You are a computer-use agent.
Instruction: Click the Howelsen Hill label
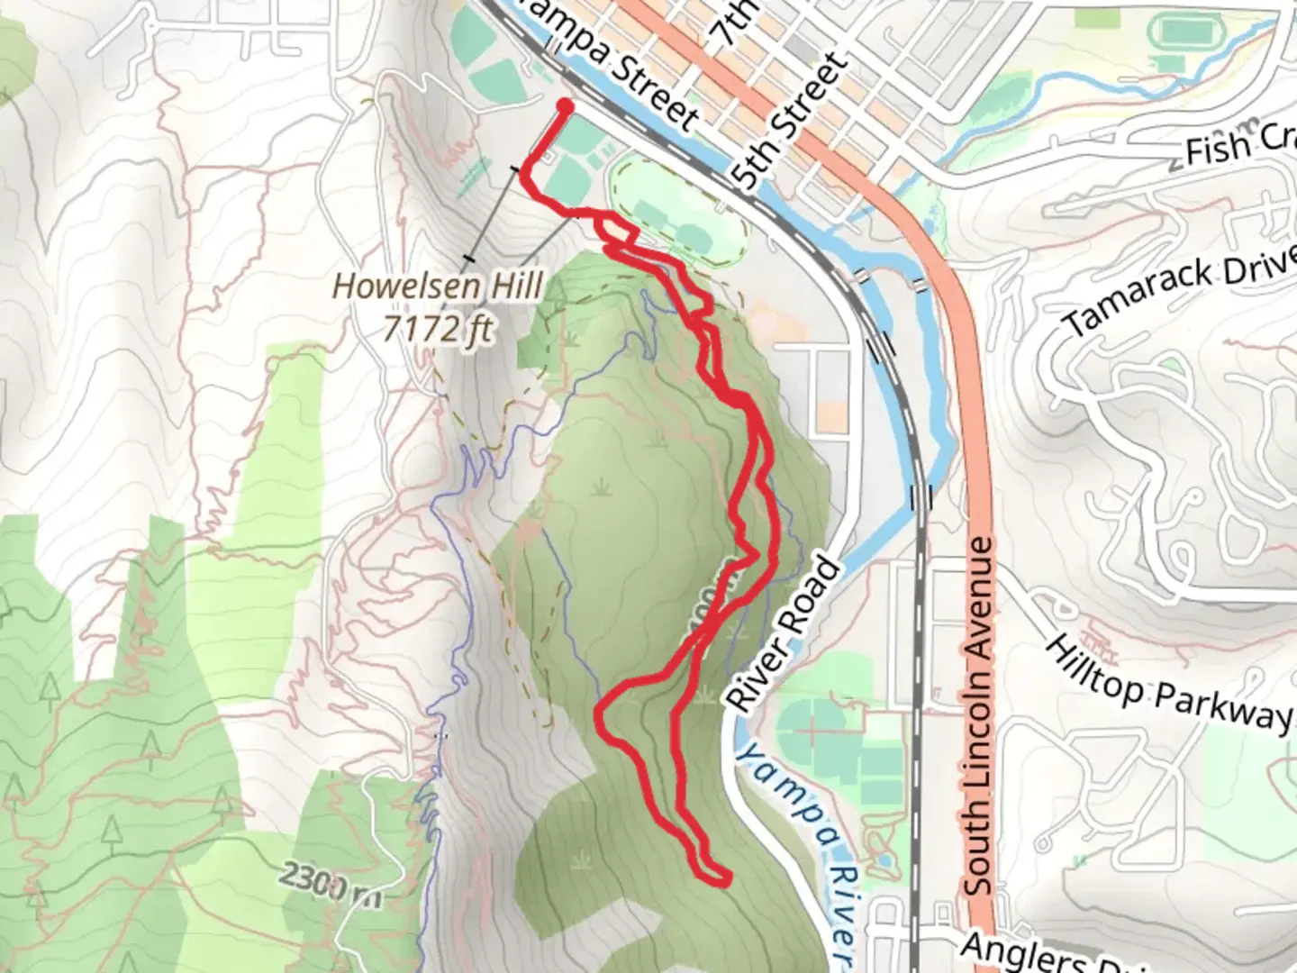pos(438,286)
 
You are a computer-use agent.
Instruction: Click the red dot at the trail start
pos(566,107)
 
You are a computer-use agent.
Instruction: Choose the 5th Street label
pos(791,121)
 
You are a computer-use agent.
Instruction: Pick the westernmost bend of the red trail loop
pos(601,712)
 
